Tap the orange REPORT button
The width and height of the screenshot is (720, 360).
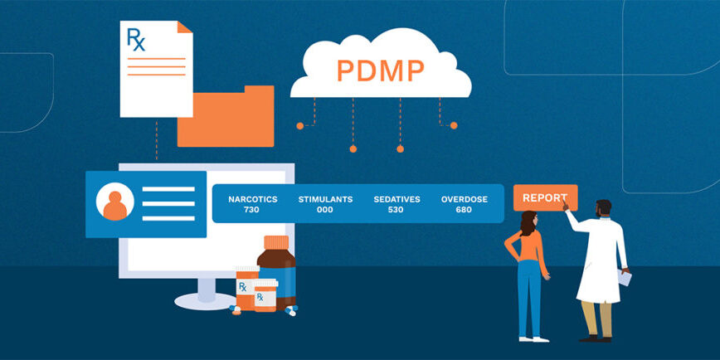[544, 198]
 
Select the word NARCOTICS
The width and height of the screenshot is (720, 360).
[252, 199]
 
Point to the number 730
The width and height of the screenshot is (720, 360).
[252, 210]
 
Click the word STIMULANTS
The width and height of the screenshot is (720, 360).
[325, 199]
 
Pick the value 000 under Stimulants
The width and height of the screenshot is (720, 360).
[325, 210]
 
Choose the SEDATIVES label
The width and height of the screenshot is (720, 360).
[396, 199]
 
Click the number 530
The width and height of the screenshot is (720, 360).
[396, 210]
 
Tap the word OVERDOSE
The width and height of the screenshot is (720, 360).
[464, 199]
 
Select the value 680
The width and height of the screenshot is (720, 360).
[464, 210]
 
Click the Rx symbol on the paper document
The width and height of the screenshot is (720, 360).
[135, 39]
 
